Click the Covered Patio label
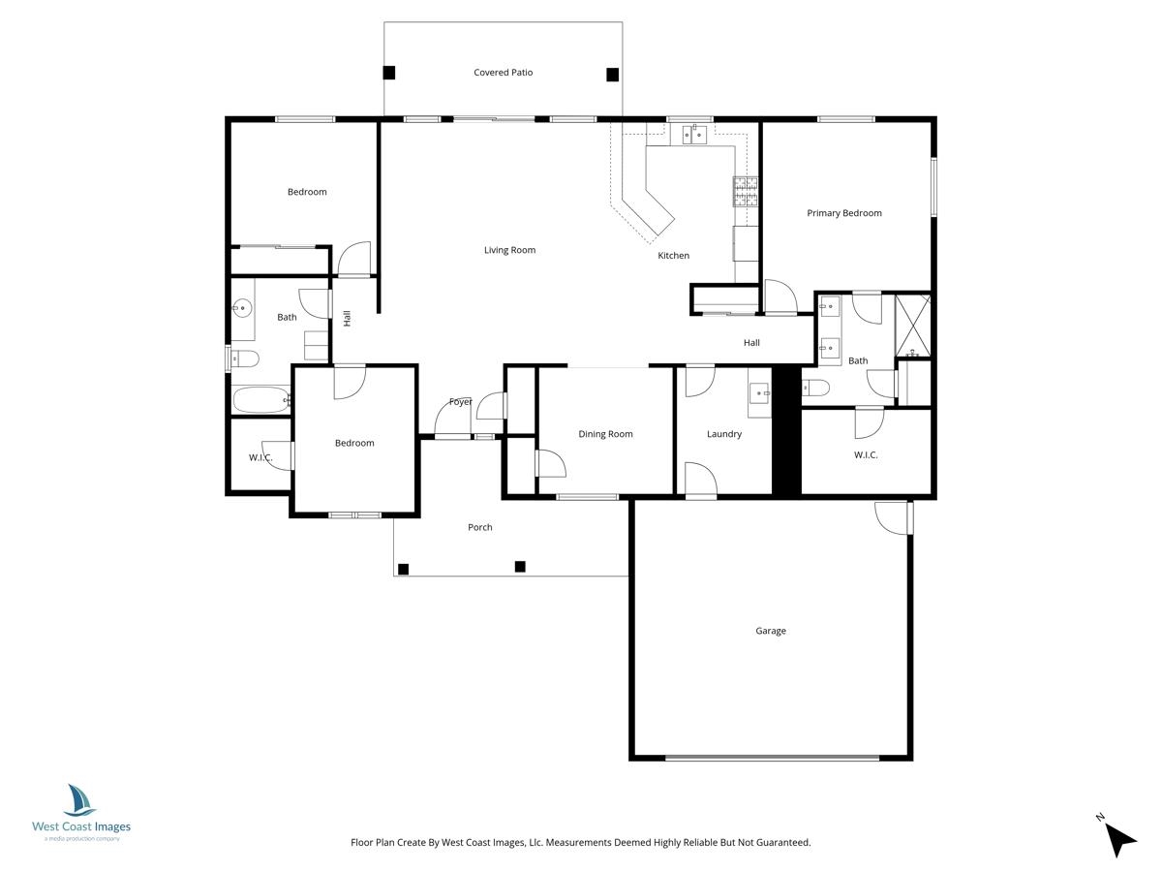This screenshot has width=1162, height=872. (503, 73)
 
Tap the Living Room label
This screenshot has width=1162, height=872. (509, 250)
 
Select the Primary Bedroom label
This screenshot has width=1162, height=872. (843, 213)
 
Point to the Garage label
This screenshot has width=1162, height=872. (770, 631)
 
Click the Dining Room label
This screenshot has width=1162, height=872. (605, 434)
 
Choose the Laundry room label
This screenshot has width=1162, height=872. (723, 434)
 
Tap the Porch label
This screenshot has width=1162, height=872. (479, 527)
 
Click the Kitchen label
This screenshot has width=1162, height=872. (673, 255)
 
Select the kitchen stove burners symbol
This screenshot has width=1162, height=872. (746, 191)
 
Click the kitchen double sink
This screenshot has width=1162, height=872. (693, 135)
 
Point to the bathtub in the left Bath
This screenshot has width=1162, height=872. (261, 400)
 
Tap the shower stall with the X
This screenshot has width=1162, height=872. (912, 326)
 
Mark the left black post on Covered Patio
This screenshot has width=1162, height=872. (388, 73)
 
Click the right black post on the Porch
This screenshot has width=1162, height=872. (520, 567)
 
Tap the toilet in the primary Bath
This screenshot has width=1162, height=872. (815, 388)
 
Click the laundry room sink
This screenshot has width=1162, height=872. (760, 393)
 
